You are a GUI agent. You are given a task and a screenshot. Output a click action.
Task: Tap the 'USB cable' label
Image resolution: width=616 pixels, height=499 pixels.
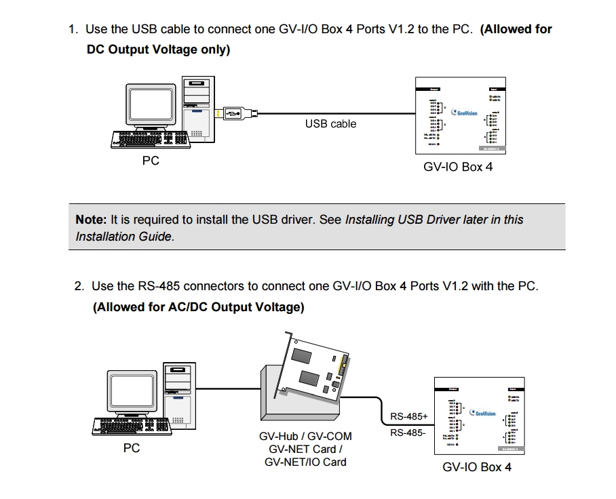(330, 124)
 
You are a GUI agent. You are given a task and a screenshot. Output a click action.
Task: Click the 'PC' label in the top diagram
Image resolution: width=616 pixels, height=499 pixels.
(151, 161)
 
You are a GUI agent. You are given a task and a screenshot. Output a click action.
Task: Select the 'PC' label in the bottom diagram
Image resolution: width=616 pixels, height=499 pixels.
(132, 448)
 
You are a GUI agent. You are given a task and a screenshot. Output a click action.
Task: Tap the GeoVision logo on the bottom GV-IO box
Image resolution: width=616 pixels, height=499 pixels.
(482, 413)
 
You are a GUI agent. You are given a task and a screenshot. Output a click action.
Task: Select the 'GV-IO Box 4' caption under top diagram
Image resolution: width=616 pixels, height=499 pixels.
(458, 167)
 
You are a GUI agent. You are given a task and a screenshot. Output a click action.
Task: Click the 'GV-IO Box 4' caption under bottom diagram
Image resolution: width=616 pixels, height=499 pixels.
(477, 467)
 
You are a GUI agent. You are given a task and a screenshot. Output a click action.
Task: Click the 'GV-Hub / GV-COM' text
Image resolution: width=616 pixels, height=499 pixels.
(305, 436)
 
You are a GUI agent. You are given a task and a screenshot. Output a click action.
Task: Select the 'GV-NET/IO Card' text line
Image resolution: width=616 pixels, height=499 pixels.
(305, 462)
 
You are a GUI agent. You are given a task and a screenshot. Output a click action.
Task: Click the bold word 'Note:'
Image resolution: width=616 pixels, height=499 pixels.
(91, 220)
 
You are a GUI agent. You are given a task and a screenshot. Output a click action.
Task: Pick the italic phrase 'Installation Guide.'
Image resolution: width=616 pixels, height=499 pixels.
(125, 237)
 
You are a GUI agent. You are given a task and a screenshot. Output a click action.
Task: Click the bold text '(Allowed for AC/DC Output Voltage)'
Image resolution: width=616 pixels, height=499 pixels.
(198, 307)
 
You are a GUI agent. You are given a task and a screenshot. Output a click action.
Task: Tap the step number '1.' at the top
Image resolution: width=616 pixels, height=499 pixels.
(73, 29)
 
